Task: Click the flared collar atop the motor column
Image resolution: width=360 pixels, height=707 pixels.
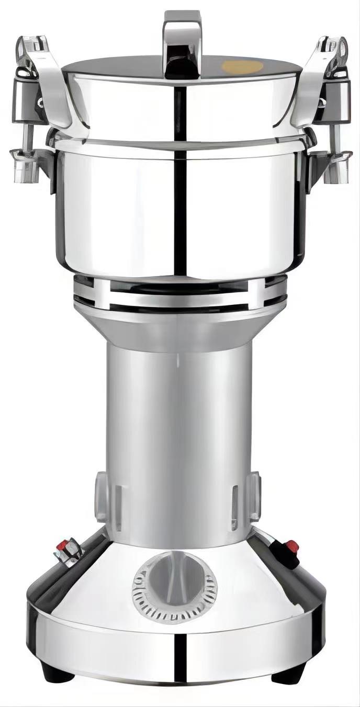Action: click(x=178, y=327)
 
